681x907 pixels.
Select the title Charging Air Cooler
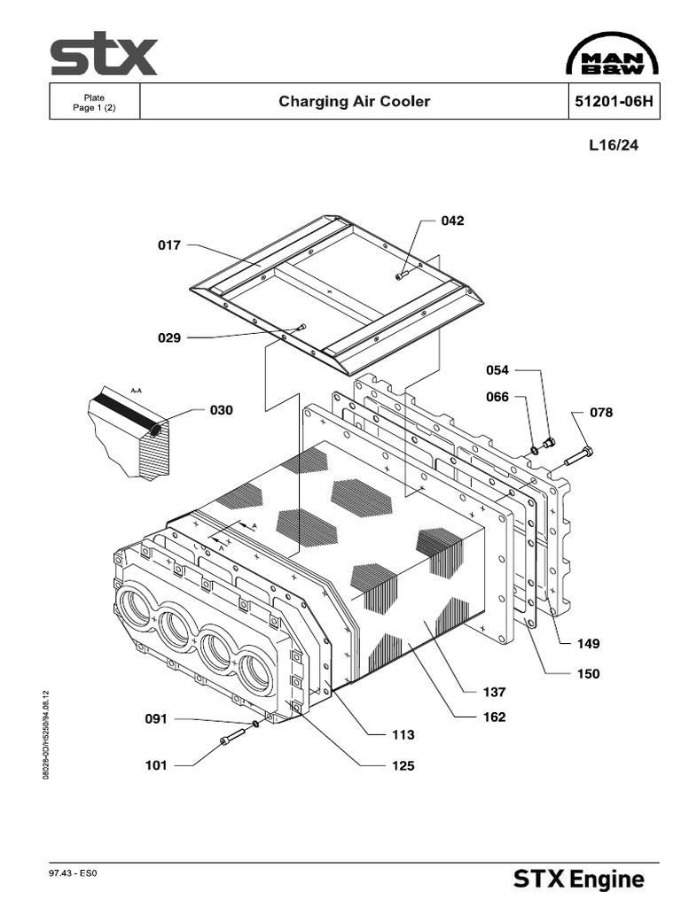354,101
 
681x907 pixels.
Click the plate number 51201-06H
614,101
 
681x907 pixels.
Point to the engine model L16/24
613,146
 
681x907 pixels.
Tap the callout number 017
169,245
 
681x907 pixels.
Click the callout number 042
452,221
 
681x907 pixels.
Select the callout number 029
169,337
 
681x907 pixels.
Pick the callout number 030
222,410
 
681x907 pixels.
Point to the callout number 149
588,644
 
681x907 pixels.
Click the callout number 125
403,765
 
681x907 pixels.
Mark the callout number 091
157,719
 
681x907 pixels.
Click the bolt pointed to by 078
577,456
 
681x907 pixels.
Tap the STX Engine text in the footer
579,880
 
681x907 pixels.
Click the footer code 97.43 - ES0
72,873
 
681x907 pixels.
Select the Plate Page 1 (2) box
94,102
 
